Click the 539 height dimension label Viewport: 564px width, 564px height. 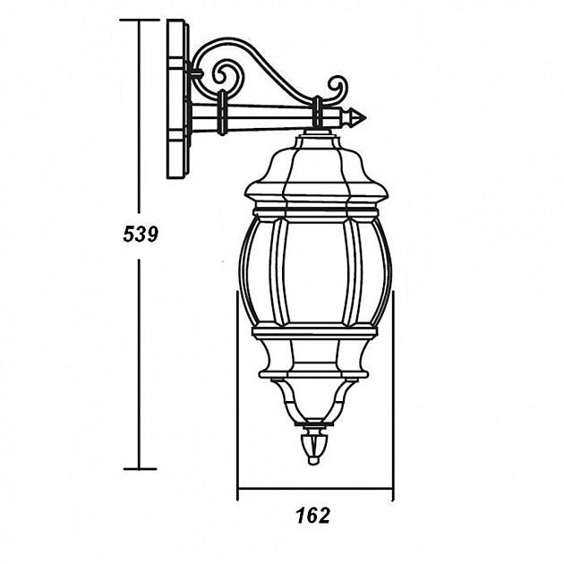140,235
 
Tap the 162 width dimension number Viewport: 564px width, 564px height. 312,516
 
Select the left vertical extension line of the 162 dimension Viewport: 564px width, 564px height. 237,394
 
